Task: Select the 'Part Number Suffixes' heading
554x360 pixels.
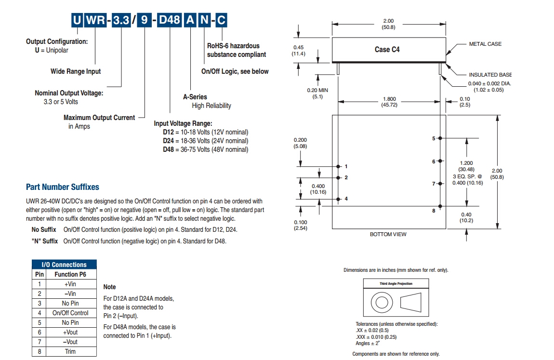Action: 63,187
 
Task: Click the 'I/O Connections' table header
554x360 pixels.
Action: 64,265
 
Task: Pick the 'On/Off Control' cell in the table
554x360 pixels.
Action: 70,313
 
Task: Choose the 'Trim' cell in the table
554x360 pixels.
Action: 70,351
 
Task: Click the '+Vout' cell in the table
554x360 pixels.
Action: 70,332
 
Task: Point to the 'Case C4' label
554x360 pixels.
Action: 387,49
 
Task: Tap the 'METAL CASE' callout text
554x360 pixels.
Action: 485,44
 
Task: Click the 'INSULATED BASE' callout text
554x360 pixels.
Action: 490,75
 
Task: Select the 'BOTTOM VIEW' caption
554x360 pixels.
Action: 388,234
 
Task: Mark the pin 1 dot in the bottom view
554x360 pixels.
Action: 339,166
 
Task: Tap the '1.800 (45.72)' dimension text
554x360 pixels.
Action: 389,102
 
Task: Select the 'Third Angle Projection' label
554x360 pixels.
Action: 396,284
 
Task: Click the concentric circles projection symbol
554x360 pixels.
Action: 381,303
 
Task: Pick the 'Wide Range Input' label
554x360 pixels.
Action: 76,71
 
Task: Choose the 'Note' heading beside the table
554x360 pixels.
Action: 110,287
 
